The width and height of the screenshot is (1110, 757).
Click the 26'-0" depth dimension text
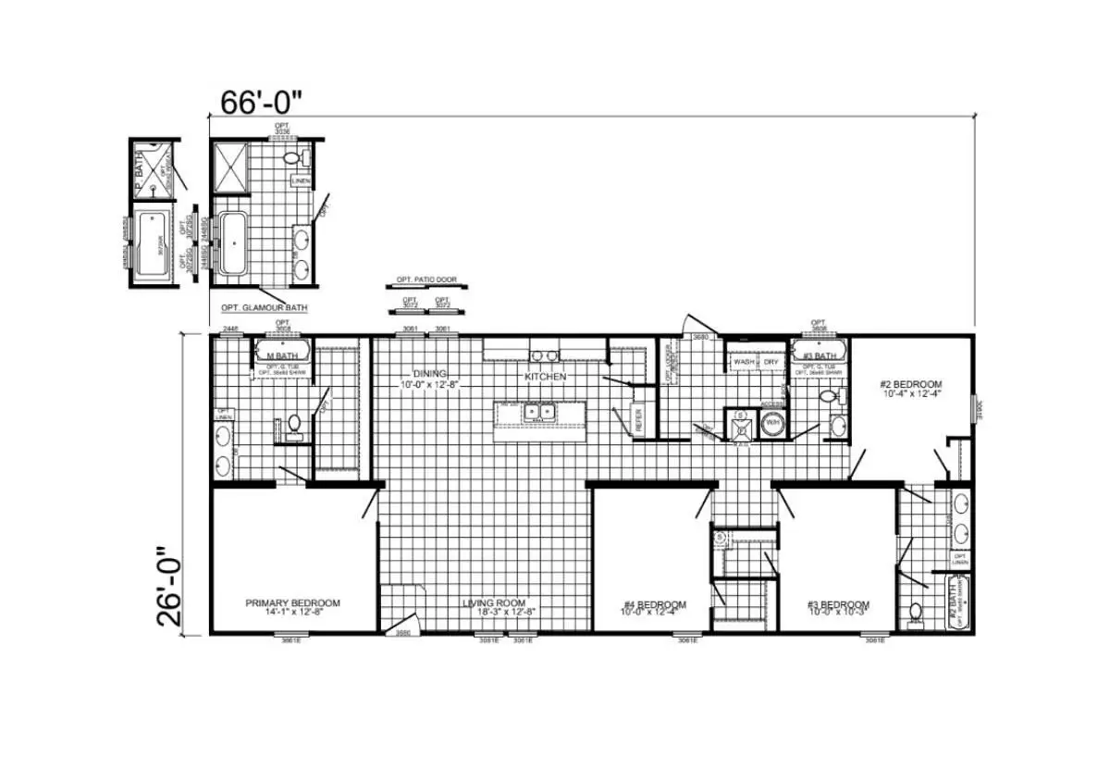(172, 585)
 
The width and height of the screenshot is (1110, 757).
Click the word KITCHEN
(545, 378)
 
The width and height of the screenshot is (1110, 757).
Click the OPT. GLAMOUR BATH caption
(264, 307)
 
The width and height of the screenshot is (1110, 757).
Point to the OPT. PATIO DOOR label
(425, 280)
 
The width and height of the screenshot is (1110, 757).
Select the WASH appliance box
(744, 362)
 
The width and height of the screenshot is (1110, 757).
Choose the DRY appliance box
(771, 362)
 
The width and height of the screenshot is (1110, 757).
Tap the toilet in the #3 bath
(829, 398)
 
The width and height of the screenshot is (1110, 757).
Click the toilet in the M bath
(294, 424)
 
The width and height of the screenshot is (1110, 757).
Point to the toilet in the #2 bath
(915, 612)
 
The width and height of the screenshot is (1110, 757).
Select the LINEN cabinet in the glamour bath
(301, 180)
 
